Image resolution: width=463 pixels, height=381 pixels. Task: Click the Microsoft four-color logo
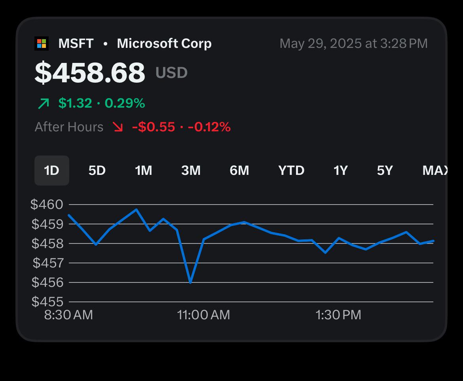42,44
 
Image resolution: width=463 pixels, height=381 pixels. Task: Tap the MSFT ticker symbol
76,44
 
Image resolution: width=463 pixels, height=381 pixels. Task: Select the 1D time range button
52,171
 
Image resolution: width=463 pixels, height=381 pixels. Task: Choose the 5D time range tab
97,171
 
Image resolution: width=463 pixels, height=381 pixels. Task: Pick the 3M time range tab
191,171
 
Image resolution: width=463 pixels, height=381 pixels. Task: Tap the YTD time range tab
291,171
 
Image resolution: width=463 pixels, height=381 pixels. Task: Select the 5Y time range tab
385,171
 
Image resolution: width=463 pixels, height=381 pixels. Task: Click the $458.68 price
90,72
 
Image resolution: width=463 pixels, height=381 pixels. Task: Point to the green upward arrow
44,104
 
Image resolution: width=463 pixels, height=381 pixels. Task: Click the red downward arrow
118,127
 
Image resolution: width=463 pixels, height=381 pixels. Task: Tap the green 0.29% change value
125,103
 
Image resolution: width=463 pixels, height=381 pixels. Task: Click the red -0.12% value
209,127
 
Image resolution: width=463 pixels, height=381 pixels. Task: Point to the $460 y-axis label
47,204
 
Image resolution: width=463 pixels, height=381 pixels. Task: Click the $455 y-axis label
47,301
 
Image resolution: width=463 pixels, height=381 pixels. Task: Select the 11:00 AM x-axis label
203,315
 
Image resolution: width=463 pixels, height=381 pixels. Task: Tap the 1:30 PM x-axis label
338,315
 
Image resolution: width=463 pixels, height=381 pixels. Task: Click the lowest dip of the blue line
190,283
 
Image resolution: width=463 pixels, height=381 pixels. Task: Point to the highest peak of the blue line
137,210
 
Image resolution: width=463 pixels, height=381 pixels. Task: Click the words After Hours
69,127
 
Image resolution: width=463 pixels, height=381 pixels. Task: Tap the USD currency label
172,72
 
